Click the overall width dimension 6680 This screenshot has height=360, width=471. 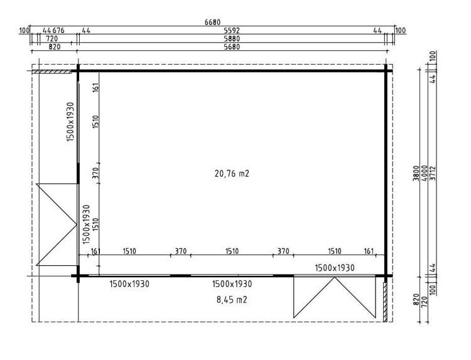[213, 22]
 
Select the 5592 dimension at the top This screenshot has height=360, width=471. [232, 30]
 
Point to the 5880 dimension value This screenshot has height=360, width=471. [232, 38]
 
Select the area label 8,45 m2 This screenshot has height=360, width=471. [231, 300]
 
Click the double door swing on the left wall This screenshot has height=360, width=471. [57, 224]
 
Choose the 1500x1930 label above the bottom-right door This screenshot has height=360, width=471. [335, 268]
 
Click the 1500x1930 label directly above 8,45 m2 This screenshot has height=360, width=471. [232, 284]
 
